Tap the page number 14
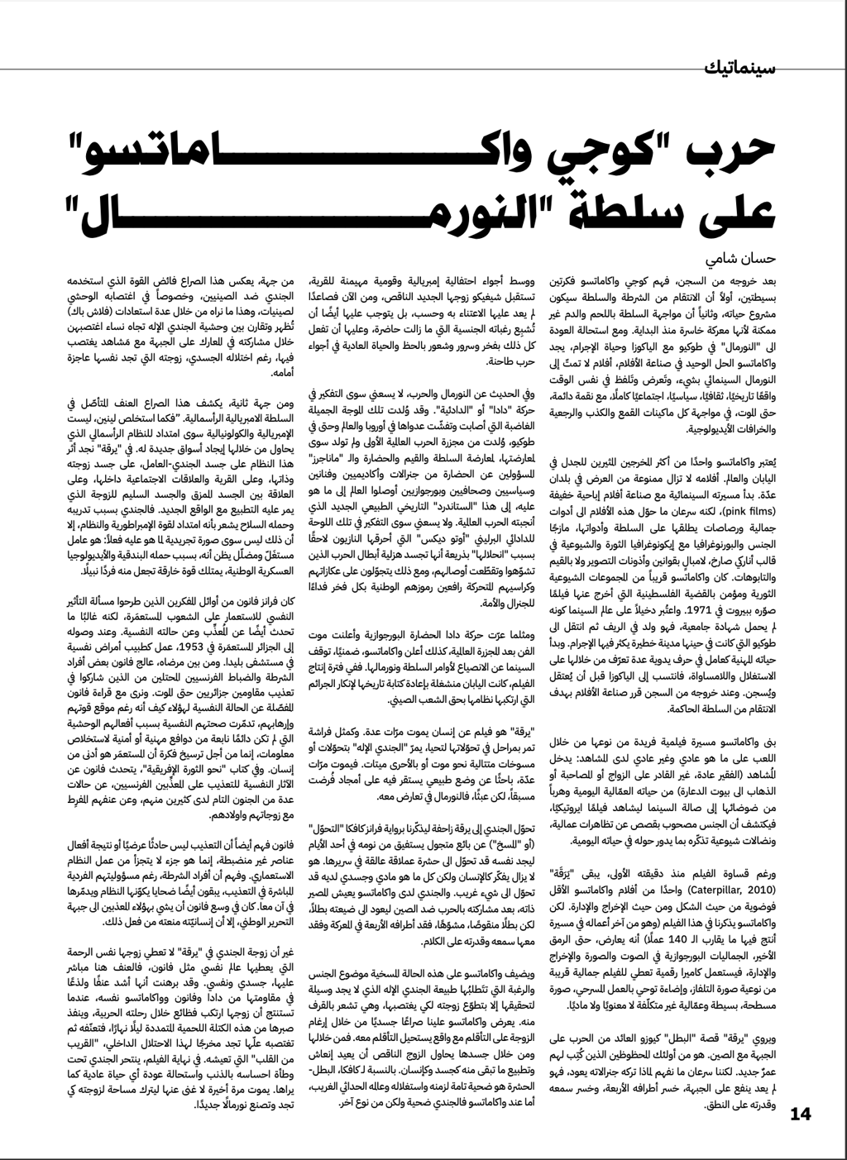(x=802, y=1114)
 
